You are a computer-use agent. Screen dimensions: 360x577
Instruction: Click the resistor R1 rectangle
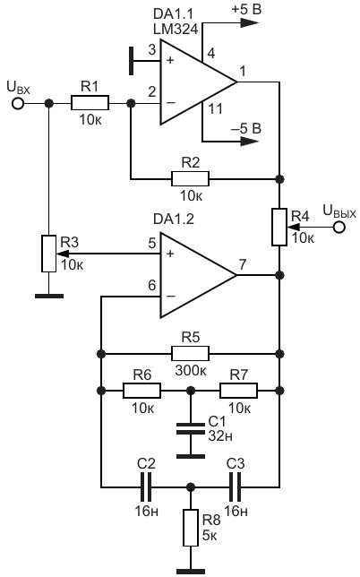click(x=90, y=103)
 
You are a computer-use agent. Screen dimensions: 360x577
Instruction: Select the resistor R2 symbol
click(x=190, y=179)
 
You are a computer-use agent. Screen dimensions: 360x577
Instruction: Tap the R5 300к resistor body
click(x=190, y=354)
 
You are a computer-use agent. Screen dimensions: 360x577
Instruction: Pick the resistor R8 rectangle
click(x=191, y=528)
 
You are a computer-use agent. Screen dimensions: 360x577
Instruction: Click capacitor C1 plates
click(x=191, y=428)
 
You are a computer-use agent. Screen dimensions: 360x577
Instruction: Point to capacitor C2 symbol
click(x=146, y=487)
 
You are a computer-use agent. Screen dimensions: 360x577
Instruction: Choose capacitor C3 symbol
click(x=235, y=487)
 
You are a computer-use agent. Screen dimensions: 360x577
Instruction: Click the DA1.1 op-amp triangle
click(x=198, y=82)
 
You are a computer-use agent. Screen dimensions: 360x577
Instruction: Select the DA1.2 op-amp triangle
click(x=198, y=275)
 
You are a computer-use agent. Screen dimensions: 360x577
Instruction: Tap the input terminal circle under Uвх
click(x=18, y=103)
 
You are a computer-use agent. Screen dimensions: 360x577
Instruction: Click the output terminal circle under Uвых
click(x=339, y=227)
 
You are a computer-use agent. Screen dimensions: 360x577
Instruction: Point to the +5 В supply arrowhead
click(x=249, y=22)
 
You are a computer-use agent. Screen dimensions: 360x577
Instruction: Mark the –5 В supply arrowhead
click(x=249, y=141)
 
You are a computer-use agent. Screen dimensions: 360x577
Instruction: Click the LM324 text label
click(x=176, y=29)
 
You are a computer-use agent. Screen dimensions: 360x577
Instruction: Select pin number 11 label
click(x=215, y=108)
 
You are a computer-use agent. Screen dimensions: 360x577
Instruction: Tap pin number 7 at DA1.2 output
click(x=243, y=264)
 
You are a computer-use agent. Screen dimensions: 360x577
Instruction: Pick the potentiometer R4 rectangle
click(x=279, y=227)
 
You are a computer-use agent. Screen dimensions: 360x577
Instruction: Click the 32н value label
click(x=220, y=435)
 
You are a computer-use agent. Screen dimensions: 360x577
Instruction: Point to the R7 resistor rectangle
click(x=238, y=390)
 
